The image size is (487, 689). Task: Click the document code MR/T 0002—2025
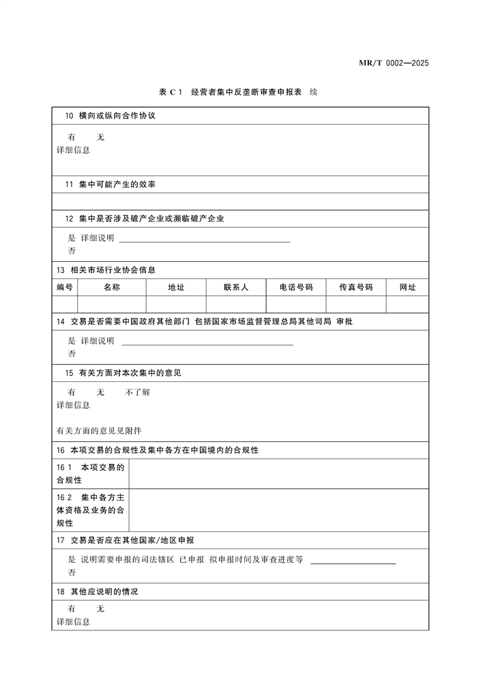tap(394, 63)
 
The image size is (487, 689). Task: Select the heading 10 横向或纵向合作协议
tap(110, 116)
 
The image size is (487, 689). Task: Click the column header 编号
tap(65, 287)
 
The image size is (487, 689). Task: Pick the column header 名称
tap(112, 287)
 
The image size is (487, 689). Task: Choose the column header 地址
tap(176, 287)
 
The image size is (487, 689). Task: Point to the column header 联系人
tap(236, 287)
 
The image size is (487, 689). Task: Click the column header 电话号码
tap(296, 287)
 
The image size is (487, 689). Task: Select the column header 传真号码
tap(356, 287)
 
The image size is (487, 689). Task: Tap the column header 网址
tap(408, 287)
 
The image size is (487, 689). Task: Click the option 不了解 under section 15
tap(138, 392)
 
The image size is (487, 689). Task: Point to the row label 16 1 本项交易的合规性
tap(90, 474)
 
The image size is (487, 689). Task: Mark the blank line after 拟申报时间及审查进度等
tap(353, 563)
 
